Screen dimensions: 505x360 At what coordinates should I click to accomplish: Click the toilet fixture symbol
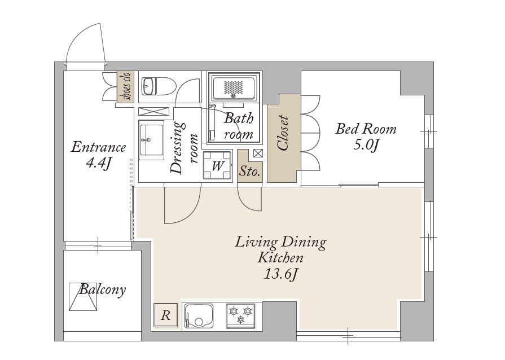pyautogui.click(x=159, y=86)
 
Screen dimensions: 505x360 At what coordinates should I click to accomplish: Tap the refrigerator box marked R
pyautogui.click(x=165, y=315)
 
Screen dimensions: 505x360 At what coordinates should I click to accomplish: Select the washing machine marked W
pyautogui.click(x=217, y=165)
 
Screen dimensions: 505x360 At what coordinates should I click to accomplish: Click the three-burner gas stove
pyautogui.click(x=240, y=315)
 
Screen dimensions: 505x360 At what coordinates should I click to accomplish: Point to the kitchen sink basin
pyautogui.click(x=198, y=316)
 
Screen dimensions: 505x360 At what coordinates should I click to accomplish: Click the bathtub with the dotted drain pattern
pyautogui.click(x=234, y=87)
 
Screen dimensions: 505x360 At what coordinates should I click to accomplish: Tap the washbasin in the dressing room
pyautogui.click(x=151, y=140)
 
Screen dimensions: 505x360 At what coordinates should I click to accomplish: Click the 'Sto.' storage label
pyautogui.click(x=249, y=172)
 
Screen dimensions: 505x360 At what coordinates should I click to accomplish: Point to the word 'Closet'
pyautogui.click(x=283, y=133)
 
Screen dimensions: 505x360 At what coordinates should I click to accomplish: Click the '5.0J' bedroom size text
pyautogui.click(x=365, y=145)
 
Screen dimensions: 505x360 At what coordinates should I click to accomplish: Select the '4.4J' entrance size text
pyautogui.click(x=99, y=164)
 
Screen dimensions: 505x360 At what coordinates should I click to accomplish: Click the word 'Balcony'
pyautogui.click(x=103, y=289)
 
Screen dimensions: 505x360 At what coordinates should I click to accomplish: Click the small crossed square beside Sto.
pyautogui.click(x=258, y=153)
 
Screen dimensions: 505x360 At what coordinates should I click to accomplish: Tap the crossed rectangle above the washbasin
pyautogui.click(x=153, y=111)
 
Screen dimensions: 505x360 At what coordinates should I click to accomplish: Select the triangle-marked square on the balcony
pyautogui.click(x=83, y=297)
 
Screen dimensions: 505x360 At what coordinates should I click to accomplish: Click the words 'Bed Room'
pyautogui.click(x=366, y=129)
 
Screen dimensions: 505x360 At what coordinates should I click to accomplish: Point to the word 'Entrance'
pyautogui.click(x=98, y=147)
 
